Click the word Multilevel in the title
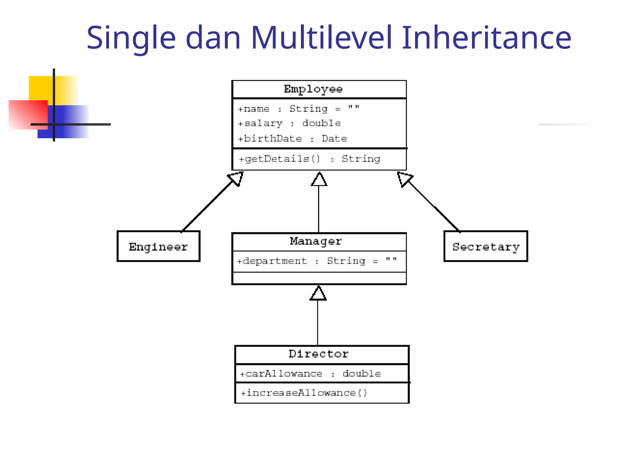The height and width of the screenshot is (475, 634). point(321,38)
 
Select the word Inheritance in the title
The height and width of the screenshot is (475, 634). point(486,38)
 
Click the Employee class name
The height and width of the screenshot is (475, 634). point(313,89)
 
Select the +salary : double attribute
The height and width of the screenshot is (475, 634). point(289,123)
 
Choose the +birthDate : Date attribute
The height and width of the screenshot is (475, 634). point(292,139)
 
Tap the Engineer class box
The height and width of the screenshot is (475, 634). point(158,246)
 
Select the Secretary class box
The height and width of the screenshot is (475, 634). point(486,246)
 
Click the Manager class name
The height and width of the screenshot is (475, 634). point(316,241)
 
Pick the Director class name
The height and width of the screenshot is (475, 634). point(319,354)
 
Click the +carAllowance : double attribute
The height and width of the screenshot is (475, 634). point(310,374)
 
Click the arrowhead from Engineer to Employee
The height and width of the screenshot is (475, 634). point(237,178)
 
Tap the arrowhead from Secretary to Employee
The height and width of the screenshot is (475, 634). point(404,179)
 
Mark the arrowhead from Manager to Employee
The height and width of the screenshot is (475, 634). point(319,180)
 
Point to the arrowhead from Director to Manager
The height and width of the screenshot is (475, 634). point(318,293)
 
